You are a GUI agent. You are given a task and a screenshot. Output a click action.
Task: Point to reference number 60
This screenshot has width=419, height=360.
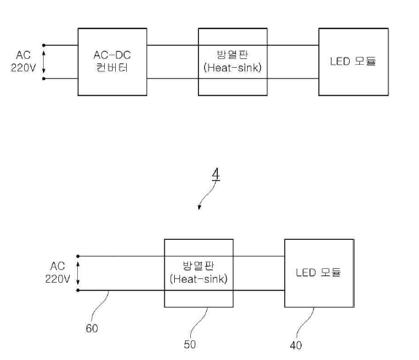[x=92, y=329]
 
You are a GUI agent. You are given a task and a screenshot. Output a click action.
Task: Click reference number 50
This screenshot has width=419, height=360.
[x=189, y=345]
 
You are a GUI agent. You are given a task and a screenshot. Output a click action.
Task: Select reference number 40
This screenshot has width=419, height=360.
[x=296, y=345]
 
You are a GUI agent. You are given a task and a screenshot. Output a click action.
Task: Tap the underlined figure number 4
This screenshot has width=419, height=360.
[x=216, y=174]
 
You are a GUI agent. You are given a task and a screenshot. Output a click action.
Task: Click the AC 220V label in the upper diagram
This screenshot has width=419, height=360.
[x=23, y=61]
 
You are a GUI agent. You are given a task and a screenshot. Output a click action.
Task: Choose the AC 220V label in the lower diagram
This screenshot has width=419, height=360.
[x=58, y=273]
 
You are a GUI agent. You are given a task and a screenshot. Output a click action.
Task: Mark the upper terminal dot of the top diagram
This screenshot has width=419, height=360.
[x=44, y=45]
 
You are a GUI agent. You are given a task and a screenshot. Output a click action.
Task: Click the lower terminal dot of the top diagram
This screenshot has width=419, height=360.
[x=44, y=79]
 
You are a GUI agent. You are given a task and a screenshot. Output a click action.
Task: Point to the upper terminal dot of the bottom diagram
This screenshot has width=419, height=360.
[x=78, y=256]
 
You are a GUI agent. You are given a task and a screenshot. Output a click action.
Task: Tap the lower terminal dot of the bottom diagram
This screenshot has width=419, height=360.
[x=78, y=290]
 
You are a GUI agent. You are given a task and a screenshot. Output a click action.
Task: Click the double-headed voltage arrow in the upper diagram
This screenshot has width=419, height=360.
[x=44, y=62]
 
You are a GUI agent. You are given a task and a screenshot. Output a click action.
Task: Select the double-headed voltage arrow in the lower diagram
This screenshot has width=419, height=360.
[x=78, y=273]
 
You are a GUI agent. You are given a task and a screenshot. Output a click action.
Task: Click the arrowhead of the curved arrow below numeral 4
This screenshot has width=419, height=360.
[x=199, y=208]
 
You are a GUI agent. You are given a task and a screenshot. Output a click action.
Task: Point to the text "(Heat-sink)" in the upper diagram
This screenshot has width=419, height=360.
[x=232, y=68]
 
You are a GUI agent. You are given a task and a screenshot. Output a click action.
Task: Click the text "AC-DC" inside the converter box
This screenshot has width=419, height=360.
[x=112, y=55]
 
